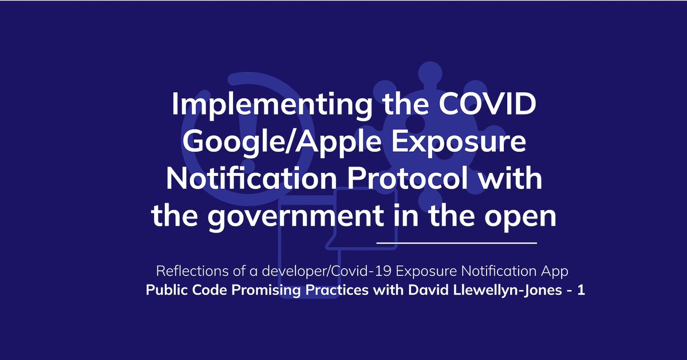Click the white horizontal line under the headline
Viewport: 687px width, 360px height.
456,243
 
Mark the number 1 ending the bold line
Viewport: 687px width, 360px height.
581,290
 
